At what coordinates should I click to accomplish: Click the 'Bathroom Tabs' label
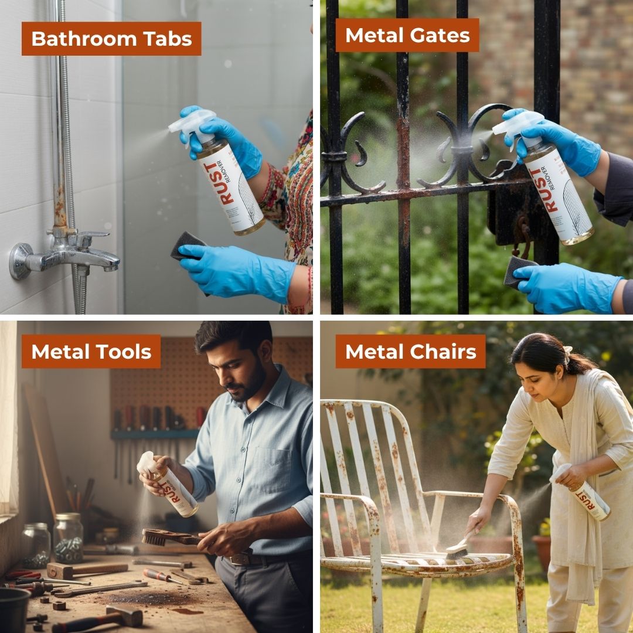point(111,39)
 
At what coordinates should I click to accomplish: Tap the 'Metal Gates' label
point(407,35)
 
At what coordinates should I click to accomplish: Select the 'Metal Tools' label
point(91,352)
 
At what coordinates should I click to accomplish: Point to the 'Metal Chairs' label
point(410,352)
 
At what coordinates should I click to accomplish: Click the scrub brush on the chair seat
point(457,549)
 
